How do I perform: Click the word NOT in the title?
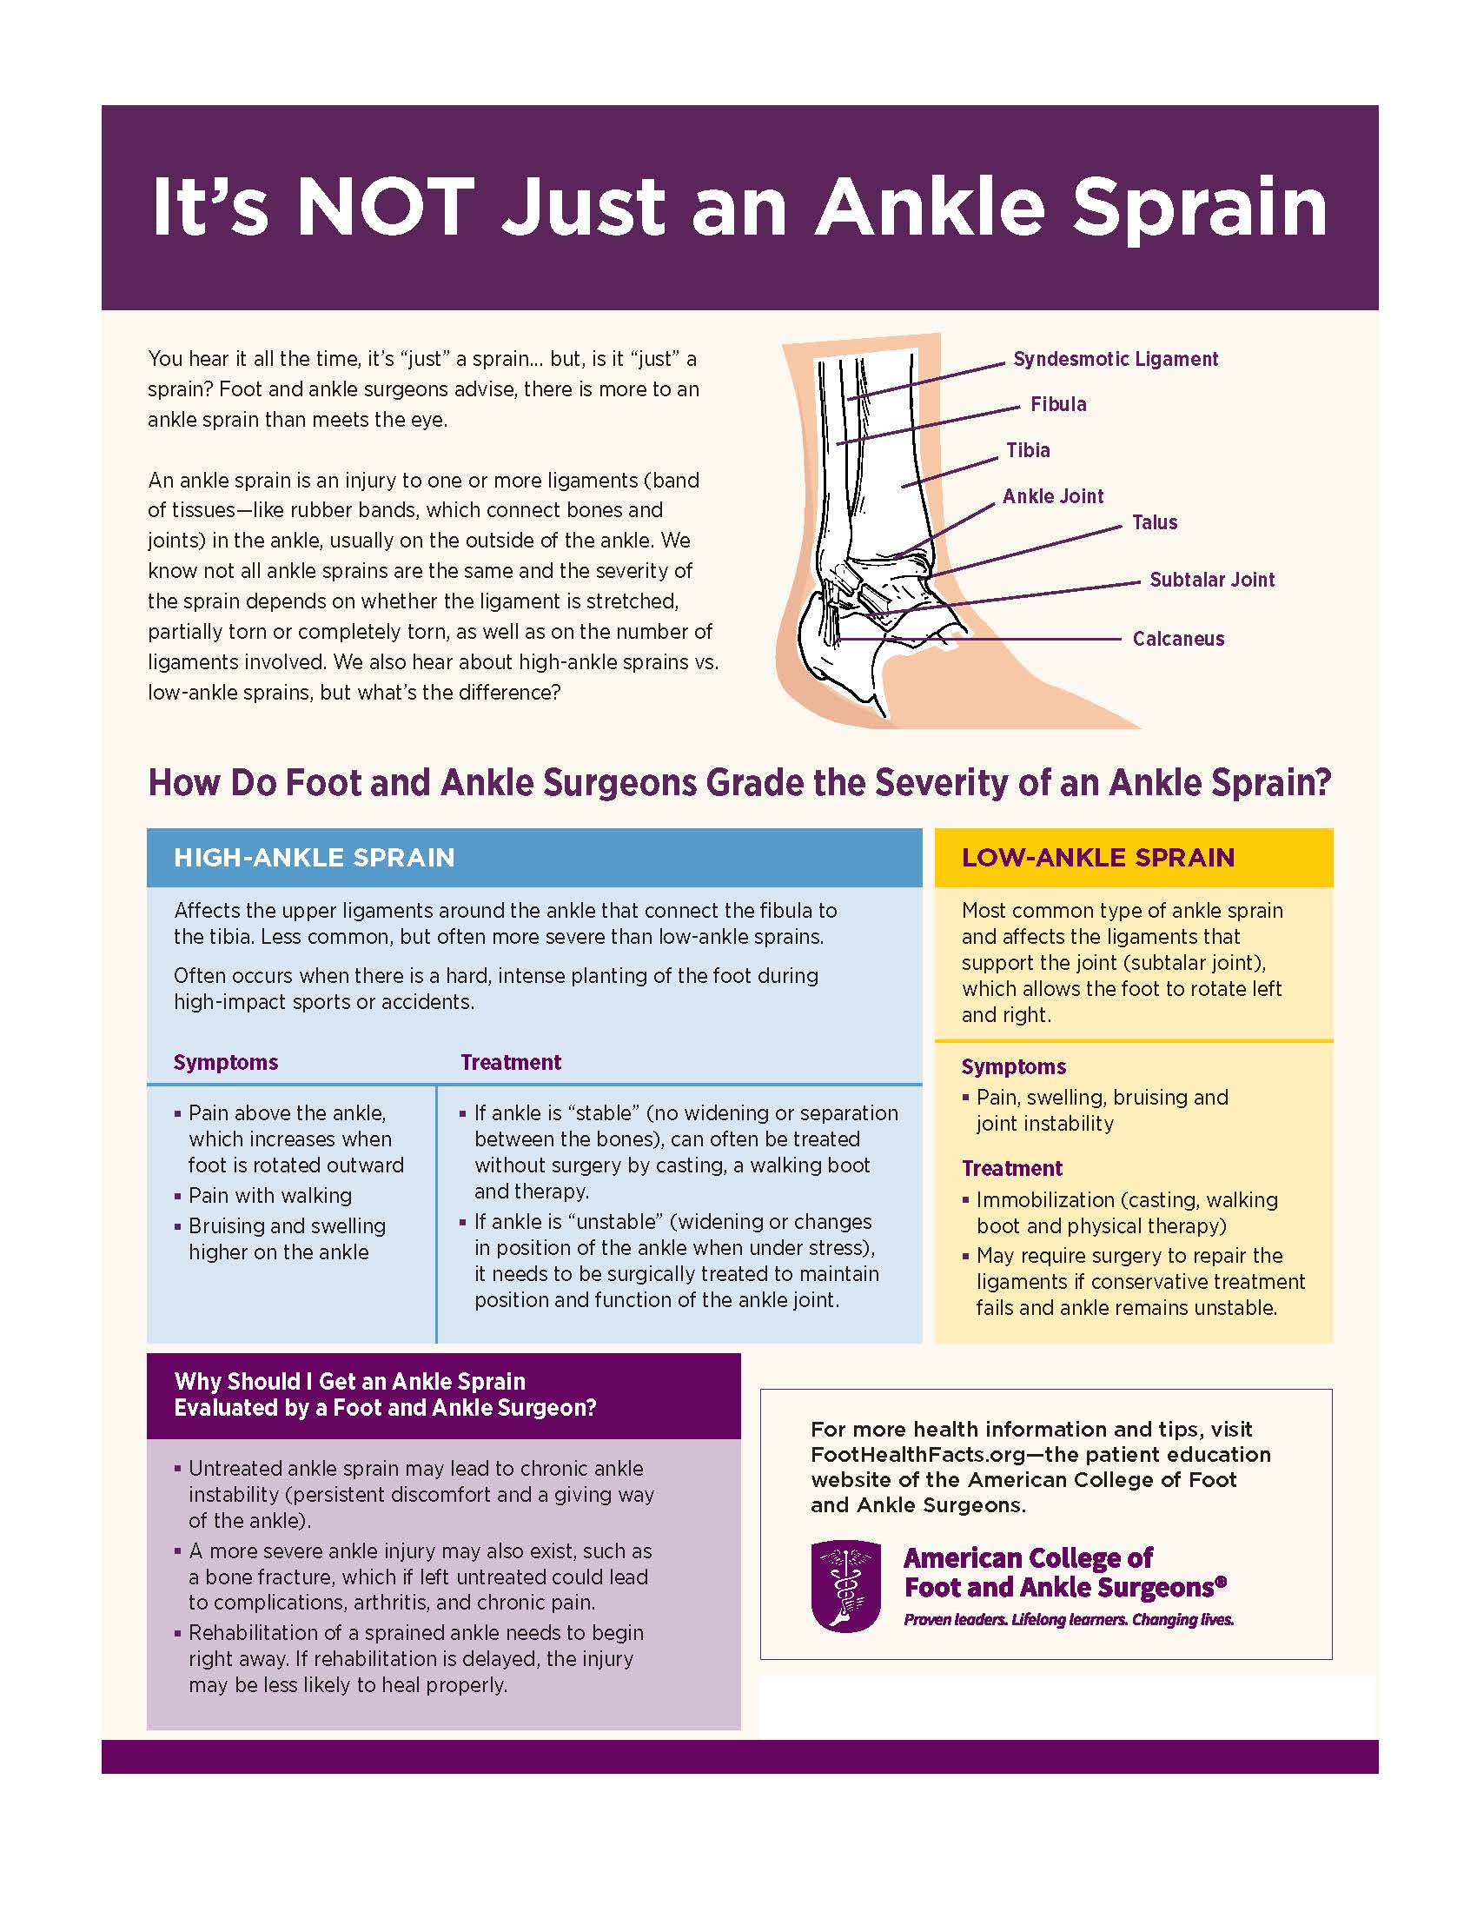tap(385, 208)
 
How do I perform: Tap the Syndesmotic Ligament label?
tap(1115, 359)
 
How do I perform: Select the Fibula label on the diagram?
tap(1058, 404)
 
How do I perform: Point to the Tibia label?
tap(1027, 450)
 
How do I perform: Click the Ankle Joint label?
tap(1053, 496)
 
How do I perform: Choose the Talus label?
tap(1154, 522)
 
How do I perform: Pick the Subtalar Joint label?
tap(1212, 580)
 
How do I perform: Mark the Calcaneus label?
tap(1178, 639)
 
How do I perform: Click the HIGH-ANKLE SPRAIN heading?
tap(315, 857)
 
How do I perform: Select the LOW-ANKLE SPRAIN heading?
tap(1098, 857)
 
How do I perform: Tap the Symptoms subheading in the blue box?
tap(226, 1062)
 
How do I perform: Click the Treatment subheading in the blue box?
tap(511, 1062)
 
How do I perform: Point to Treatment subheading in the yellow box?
tap(1011, 1168)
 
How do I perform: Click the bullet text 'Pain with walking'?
tap(270, 1195)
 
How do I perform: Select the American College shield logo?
tap(846, 1586)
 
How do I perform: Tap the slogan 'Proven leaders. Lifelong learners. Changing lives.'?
tap(1069, 1620)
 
